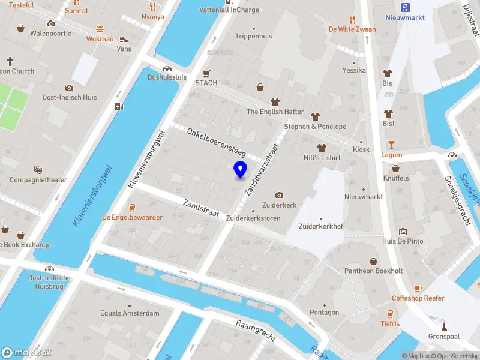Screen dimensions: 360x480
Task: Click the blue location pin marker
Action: (240, 170)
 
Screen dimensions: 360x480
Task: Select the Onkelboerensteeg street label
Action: (216, 142)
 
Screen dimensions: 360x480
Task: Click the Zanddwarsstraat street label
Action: (262, 169)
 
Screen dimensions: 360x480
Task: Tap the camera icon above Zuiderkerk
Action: (279, 195)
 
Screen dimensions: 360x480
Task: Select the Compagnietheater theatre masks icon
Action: (38, 170)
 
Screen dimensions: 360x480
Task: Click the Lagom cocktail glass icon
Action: (391, 145)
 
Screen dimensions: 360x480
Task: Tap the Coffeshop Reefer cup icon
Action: (418, 288)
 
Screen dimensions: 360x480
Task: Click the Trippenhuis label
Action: (254, 36)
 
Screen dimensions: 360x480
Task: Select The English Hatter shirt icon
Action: (275, 101)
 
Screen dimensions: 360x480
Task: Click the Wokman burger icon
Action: (100, 29)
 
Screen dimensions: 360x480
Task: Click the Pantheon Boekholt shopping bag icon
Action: (373, 261)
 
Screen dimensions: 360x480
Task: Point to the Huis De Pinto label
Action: (402, 241)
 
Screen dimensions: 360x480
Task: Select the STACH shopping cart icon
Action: (206, 73)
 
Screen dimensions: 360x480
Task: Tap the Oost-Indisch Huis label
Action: (69, 97)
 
